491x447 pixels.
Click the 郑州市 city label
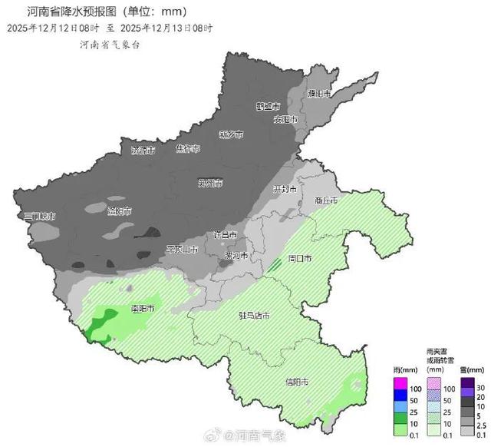click(210, 183)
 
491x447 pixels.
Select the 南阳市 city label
click(143, 309)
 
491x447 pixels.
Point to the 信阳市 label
click(297, 382)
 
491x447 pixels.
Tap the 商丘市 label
click(326, 200)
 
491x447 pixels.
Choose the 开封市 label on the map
click(285, 189)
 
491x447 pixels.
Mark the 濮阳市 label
click(318, 94)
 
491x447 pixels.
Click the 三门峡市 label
click(39, 217)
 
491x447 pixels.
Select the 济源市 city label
click(143, 149)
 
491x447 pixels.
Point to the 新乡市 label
click(230, 134)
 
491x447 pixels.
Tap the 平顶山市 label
click(183, 250)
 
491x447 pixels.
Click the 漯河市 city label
click(236, 255)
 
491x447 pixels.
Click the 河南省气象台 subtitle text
click(110, 44)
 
